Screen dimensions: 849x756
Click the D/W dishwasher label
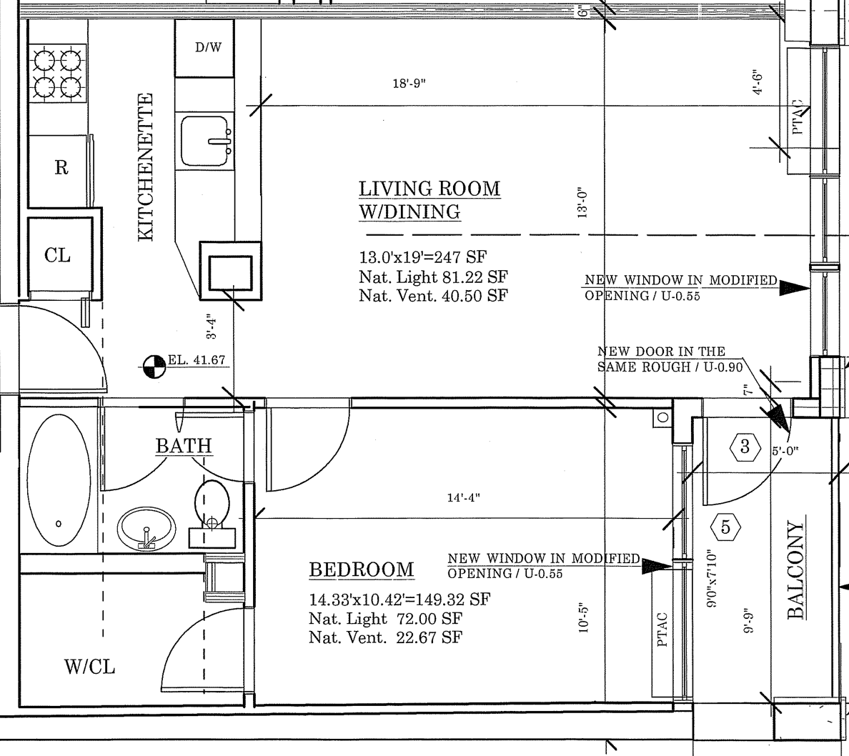coord(209,47)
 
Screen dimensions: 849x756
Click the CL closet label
coord(57,254)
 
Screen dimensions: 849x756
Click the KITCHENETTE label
coord(146,167)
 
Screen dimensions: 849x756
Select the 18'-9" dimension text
coord(409,84)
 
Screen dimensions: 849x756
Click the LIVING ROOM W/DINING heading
coord(430,200)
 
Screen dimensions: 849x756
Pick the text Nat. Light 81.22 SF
coord(433,277)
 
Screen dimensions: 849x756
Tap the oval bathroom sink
coord(147,528)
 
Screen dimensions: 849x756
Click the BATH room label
coord(184,446)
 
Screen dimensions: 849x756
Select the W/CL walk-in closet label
coord(90,666)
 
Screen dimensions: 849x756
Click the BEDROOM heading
coord(361,570)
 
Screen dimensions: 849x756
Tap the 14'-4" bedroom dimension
coord(464,497)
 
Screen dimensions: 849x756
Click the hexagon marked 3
coord(745,447)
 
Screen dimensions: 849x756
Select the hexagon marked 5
coord(725,527)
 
